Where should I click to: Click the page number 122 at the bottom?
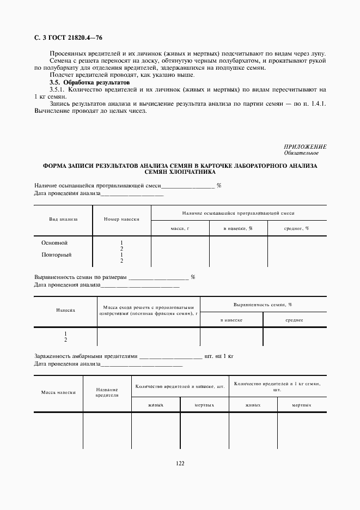coord(180,463)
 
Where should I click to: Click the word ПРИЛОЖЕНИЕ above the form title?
coord(305,147)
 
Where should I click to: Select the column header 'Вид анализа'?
coord(63,220)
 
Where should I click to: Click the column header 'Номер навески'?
coord(121,220)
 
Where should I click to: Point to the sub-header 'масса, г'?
coord(180,228)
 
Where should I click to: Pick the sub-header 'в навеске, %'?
coord(238,228)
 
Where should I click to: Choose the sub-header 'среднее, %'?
coord(297,228)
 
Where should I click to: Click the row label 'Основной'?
coord(54,243)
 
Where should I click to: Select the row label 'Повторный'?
coord(57,255)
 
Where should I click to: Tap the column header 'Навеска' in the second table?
coord(65,309)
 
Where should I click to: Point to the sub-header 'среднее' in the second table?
coord(295,320)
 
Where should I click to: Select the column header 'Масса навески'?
coord(58,392)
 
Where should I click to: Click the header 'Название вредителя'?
coord(107,392)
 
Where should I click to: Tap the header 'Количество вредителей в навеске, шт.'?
coord(180,386)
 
